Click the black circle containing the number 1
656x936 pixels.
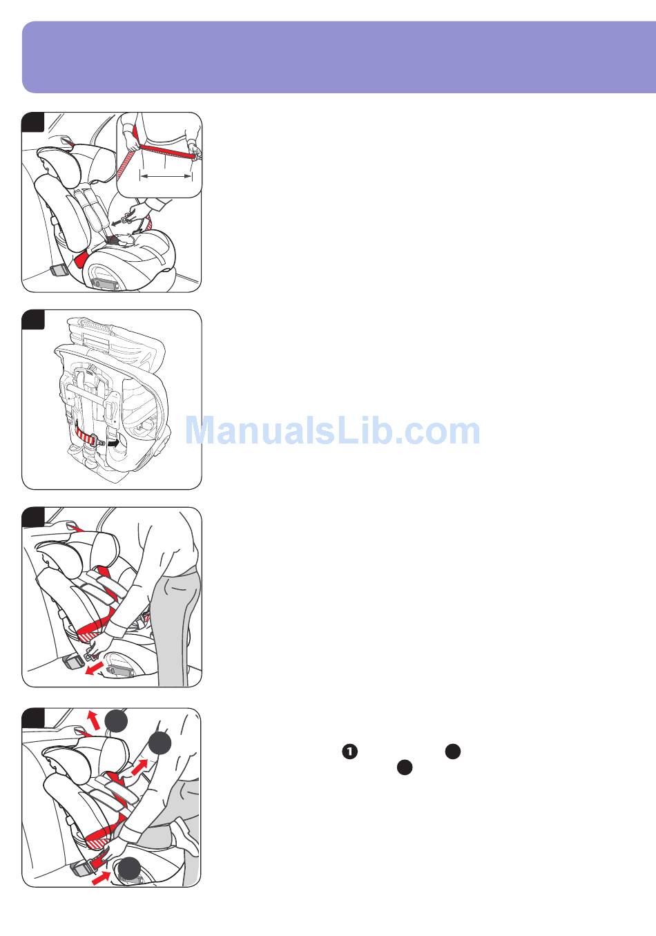(x=349, y=752)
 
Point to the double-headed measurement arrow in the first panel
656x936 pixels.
(x=166, y=176)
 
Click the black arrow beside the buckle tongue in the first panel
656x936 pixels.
(x=117, y=222)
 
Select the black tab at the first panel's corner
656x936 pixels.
(x=32, y=122)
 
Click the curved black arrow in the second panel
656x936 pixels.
(x=113, y=442)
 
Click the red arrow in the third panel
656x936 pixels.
(x=94, y=668)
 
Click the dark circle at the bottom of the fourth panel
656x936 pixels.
(x=129, y=868)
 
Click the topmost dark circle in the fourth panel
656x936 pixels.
(x=116, y=720)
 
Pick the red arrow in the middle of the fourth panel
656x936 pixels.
(x=139, y=767)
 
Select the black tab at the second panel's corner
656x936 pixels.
(x=32, y=320)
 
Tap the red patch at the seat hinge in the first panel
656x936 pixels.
(x=81, y=259)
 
